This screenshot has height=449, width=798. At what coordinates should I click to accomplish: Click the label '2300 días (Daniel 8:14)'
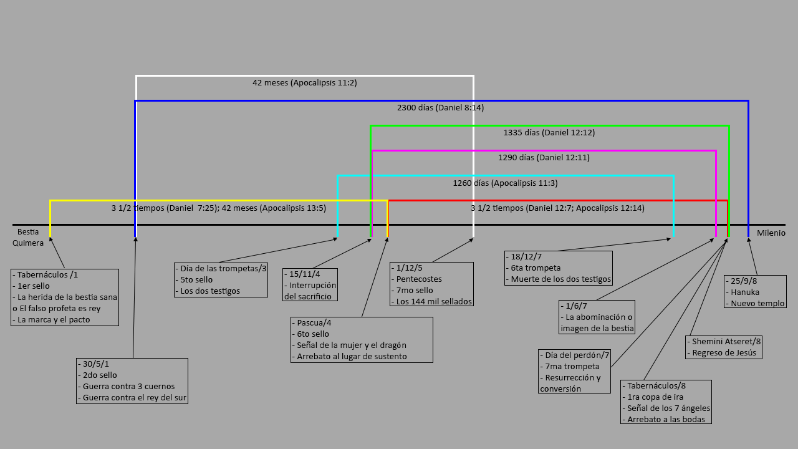point(440,107)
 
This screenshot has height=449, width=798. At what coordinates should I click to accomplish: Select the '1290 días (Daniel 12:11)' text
point(544,157)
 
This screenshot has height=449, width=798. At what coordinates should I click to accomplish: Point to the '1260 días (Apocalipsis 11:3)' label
point(505,183)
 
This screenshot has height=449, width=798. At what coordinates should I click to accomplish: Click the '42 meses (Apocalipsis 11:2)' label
point(304,82)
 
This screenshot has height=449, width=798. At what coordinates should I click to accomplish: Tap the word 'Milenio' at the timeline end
point(771,233)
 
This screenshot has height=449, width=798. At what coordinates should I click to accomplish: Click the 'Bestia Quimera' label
point(28,238)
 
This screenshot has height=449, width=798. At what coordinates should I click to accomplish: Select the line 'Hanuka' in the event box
point(745,292)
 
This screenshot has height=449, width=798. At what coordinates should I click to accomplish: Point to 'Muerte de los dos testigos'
point(561,279)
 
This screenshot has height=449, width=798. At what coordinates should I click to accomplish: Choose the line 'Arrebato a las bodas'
point(666,419)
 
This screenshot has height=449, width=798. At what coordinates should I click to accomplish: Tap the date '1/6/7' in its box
point(577,306)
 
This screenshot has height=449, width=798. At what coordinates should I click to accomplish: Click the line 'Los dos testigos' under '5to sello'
point(210,291)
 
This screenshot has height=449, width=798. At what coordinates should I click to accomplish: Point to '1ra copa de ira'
point(655,397)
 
